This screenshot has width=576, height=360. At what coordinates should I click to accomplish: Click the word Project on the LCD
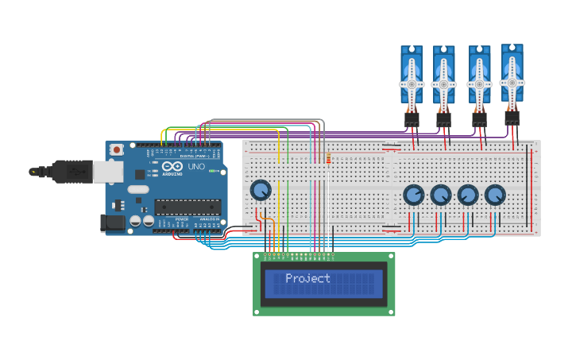307,278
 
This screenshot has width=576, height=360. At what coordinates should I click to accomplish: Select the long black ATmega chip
187,207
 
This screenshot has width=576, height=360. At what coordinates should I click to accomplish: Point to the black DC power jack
114,223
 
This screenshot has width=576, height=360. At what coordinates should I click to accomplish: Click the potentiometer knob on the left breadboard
261,190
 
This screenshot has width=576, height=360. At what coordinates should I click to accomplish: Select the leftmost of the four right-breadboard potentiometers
414,195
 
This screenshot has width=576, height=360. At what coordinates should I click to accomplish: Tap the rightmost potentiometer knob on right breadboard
495,195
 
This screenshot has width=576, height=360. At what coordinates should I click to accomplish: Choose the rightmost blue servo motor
512,73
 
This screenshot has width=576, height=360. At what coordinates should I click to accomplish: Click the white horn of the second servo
443,83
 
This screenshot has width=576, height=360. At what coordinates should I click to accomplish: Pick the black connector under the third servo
479,119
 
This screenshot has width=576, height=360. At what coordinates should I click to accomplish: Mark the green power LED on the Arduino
209,169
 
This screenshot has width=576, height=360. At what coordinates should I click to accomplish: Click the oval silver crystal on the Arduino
137,190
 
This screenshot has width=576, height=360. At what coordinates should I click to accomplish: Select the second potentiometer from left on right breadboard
441,195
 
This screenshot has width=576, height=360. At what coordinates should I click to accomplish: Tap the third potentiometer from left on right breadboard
468,195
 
